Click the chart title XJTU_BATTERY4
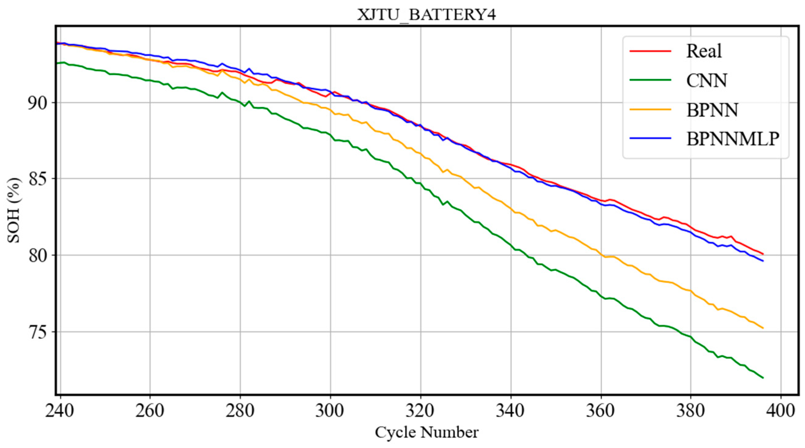click(427, 15)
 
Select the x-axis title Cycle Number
click(427, 433)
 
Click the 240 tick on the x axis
click(59, 411)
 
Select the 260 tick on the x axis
click(150, 411)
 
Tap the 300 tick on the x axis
click(330, 411)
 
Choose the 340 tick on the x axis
click(511, 411)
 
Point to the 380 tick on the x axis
click(691, 411)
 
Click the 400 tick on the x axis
click(781, 411)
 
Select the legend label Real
click(704, 51)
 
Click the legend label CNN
click(707, 80)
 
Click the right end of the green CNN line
click(763, 378)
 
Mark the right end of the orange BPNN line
click(763, 328)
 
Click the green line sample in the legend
click(650, 80)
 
